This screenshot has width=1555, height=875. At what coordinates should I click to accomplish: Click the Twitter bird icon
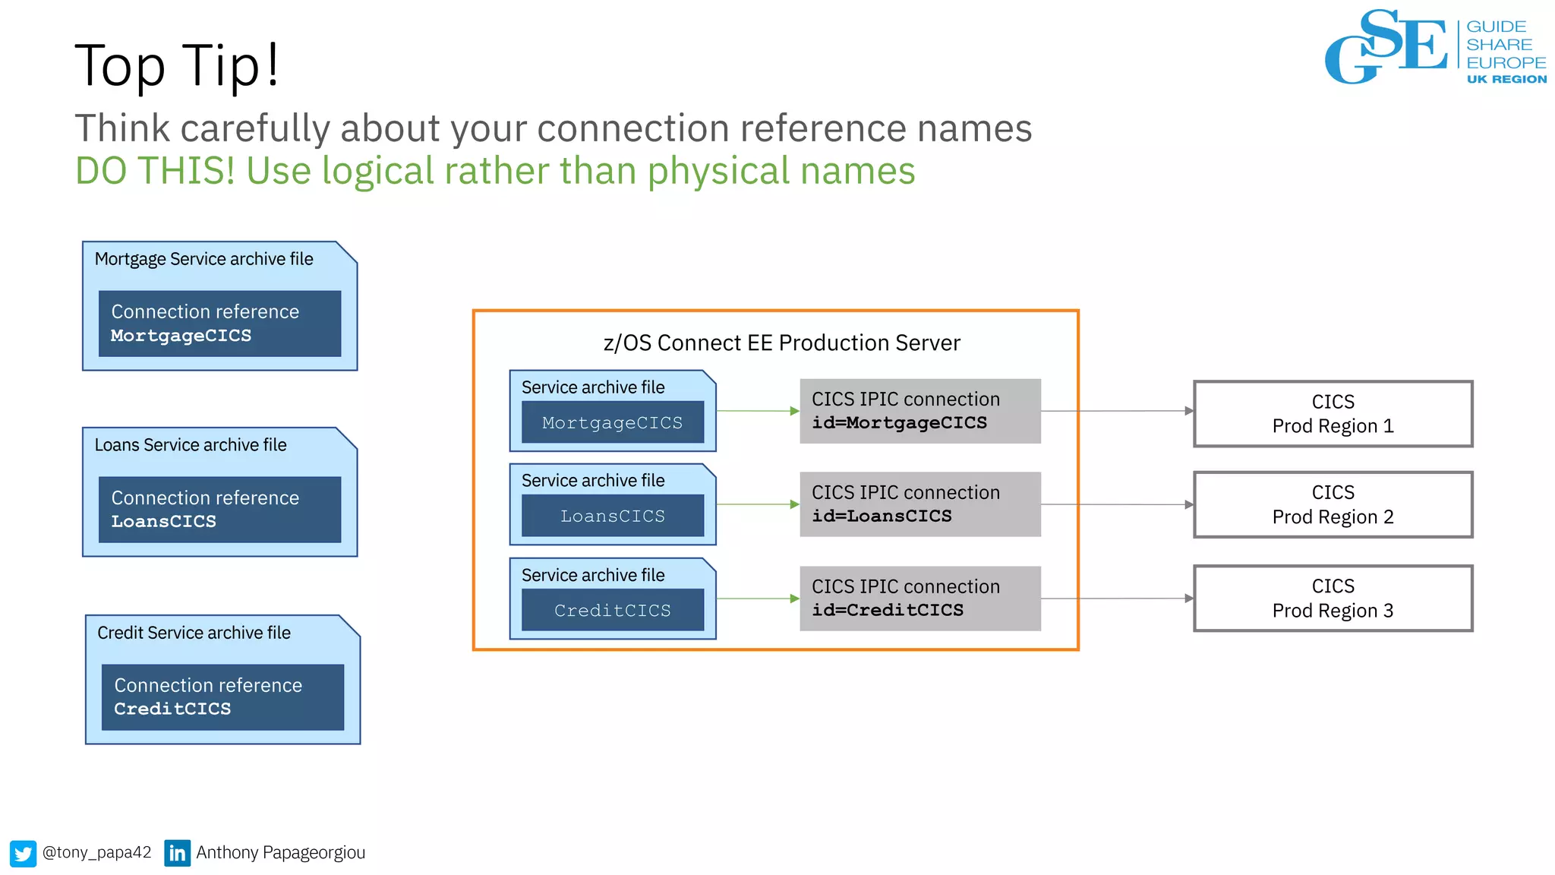click(x=23, y=853)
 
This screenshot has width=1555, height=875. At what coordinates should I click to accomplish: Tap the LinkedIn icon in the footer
click(x=177, y=853)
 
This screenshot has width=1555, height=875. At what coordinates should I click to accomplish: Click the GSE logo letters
click(x=1386, y=47)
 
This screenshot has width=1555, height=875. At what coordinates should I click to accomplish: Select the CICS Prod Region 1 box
click(x=1333, y=414)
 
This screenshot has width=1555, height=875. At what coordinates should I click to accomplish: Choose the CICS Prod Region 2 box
click(x=1333, y=505)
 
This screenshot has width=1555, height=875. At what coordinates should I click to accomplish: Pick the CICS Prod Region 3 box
click(x=1333, y=599)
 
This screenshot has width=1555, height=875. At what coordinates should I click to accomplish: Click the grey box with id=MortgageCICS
click(x=919, y=411)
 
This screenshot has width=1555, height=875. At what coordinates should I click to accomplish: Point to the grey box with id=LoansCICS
click(x=919, y=504)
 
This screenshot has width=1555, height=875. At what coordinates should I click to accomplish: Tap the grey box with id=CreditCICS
click(x=919, y=599)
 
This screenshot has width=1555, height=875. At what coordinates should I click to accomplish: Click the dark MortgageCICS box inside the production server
click(x=612, y=422)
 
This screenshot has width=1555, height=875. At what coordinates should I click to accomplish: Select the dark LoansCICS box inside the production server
click(x=612, y=516)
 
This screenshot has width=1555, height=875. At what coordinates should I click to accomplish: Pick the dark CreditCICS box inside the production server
click(x=612, y=610)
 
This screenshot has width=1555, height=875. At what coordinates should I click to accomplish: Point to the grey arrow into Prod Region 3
click(x=1116, y=599)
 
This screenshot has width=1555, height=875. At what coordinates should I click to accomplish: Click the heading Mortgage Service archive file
click(x=203, y=259)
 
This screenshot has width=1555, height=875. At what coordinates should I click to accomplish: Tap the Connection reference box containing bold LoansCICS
click(x=219, y=510)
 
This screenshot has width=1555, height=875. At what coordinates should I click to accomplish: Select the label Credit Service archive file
click(x=194, y=633)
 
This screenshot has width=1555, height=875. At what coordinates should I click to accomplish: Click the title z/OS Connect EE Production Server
click(x=781, y=343)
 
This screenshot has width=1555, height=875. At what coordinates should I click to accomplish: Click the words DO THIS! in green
click(x=155, y=171)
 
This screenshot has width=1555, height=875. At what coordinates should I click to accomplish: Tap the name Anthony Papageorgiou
click(x=280, y=853)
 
